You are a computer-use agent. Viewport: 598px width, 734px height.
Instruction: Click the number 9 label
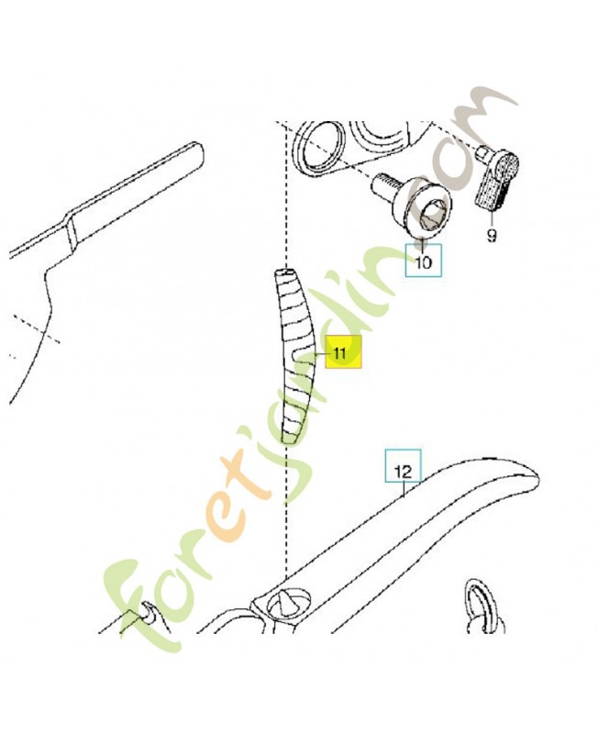(x=491, y=235)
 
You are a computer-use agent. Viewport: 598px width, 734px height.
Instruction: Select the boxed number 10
(x=423, y=261)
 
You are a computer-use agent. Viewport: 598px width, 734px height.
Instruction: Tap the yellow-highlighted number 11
(x=343, y=352)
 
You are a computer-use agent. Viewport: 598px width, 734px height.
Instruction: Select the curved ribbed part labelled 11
(x=294, y=354)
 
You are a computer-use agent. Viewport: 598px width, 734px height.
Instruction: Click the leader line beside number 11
(x=323, y=354)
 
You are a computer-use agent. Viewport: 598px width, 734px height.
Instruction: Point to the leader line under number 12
(x=404, y=489)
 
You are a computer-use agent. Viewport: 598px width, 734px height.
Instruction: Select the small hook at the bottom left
(x=149, y=612)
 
